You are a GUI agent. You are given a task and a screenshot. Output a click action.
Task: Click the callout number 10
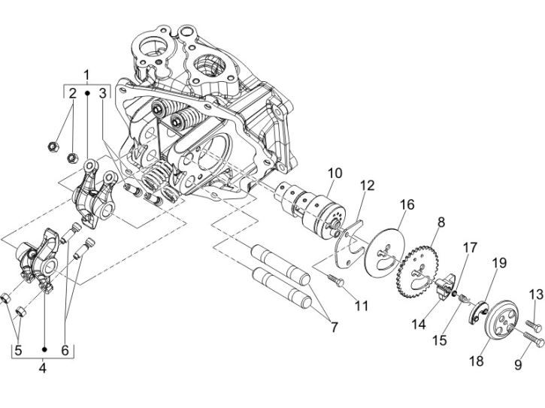tap(335, 174)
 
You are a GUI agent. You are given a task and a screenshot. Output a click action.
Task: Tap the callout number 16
tap(407, 205)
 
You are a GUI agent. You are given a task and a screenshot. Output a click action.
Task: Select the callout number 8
tap(441, 222)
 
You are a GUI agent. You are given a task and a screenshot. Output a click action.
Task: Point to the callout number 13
tap(536, 295)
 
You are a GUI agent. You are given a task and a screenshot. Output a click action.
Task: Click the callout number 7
tap(334, 328)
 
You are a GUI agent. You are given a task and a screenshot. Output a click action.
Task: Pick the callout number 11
tap(362, 306)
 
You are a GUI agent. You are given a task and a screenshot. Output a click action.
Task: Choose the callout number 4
tap(42, 367)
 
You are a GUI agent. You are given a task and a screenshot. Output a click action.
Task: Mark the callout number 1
tap(86, 75)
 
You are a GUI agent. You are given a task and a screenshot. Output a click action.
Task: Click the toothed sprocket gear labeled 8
tap(419, 271)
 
